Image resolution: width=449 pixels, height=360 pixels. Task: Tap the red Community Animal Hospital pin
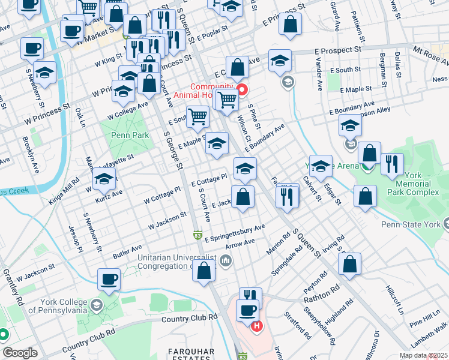tap(242, 91)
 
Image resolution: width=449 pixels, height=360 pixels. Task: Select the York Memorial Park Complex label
tap(417, 184)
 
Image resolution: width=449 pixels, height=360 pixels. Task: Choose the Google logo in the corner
tap(20, 353)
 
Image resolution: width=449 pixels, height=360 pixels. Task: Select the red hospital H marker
tap(257, 326)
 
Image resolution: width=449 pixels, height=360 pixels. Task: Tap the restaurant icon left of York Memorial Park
tap(392, 164)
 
